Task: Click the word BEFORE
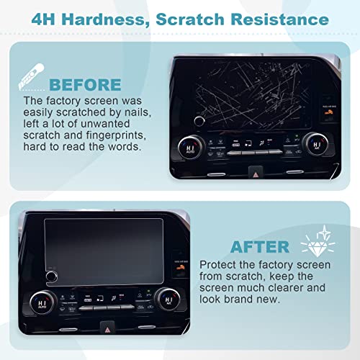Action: (x=85, y=85)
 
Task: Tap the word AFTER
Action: (x=260, y=247)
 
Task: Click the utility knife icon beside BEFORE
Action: (x=31, y=76)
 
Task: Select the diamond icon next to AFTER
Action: (x=318, y=243)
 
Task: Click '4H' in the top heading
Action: (x=43, y=19)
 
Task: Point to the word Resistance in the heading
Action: (x=279, y=19)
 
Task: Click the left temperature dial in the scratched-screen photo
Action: (x=191, y=147)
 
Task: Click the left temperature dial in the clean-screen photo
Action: (x=42, y=302)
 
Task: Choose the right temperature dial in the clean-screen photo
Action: (x=168, y=299)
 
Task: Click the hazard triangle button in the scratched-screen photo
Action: (x=256, y=172)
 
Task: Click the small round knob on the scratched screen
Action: (x=199, y=121)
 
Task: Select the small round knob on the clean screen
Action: (x=51, y=276)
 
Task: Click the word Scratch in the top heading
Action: (x=190, y=19)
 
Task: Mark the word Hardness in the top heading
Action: (x=106, y=19)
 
